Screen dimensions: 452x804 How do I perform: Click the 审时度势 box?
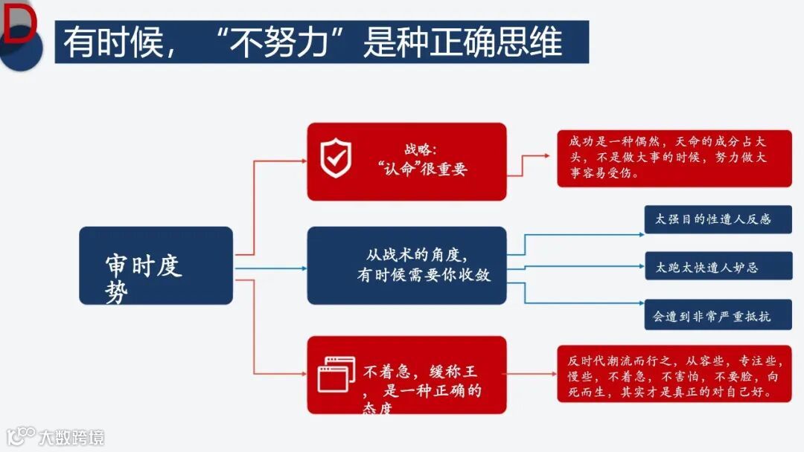coord(156,265)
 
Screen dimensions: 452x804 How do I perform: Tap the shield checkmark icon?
coord(336,158)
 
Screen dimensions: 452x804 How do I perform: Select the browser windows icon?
coord(336,374)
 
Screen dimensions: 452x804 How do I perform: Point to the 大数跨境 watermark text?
coord(71,436)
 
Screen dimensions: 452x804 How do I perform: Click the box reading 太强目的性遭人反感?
coord(718,220)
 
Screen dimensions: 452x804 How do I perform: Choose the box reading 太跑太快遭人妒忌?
coord(718,267)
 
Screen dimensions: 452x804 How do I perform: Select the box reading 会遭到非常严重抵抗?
coord(718,315)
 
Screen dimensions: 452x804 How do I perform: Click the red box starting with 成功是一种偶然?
coord(674,158)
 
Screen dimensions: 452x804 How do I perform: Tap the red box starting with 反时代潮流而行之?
coord(674,375)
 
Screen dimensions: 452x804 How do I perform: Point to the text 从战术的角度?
coord(417,255)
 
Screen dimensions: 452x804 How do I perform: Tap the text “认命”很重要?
coord(422,169)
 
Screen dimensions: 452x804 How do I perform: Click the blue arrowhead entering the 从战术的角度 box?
coord(303,268)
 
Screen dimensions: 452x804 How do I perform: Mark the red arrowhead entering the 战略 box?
coord(303,160)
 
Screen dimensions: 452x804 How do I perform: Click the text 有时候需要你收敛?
coord(424,275)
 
